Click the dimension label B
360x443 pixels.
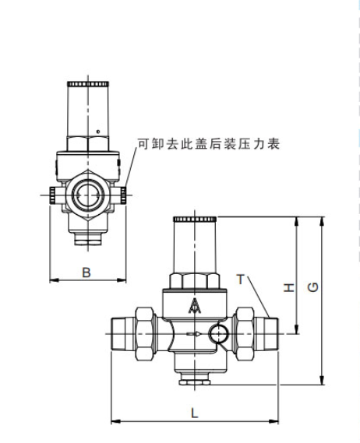coord(86,272)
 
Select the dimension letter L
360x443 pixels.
coord(195,413)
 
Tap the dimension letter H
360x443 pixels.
coord(289,287)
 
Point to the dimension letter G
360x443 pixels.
coord(312,287)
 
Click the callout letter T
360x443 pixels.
coord(240,280)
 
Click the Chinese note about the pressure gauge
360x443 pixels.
coord(209,144)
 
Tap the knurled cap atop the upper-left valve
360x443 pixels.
coord(88,83)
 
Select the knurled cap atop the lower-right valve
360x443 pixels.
coord(195,219)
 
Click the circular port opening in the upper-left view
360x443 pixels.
coord(88,195)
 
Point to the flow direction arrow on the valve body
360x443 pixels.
coord(194,334)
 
